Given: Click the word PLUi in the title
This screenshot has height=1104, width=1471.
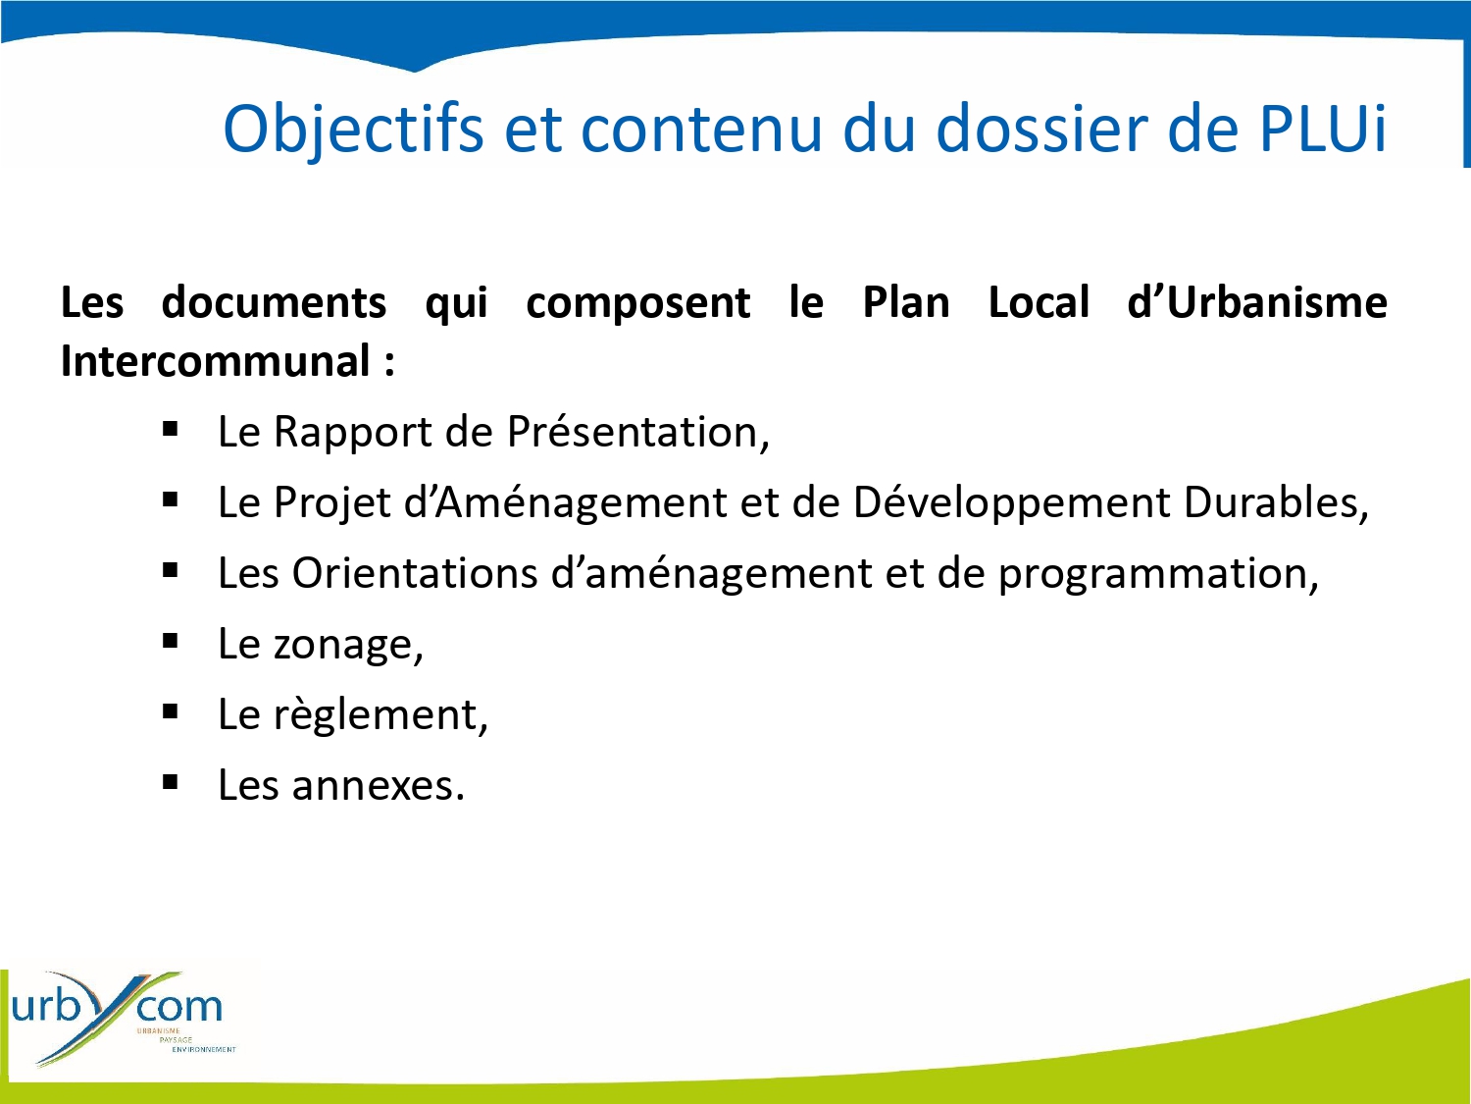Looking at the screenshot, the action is coord(1322,128).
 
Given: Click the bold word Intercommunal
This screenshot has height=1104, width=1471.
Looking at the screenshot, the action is coord(215,360).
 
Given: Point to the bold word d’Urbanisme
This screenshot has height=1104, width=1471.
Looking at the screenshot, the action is coord(1257,301).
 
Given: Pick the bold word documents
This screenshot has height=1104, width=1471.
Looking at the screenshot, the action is coord(274,301).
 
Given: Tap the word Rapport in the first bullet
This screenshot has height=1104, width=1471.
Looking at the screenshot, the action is coord(352,433).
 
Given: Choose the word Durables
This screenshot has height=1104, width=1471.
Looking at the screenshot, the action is coord(1276,502).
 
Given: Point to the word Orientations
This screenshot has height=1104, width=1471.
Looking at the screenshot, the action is coord(415,573).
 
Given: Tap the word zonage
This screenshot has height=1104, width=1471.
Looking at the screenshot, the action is coord(348,646).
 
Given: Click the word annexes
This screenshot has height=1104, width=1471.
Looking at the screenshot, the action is coord(379,786).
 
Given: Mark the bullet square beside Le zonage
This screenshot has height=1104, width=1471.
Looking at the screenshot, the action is coord(171,641).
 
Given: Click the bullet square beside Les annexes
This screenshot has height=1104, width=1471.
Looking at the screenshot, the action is coord(171,781).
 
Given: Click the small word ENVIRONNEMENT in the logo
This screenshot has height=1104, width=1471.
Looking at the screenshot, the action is coord(204,1050).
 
